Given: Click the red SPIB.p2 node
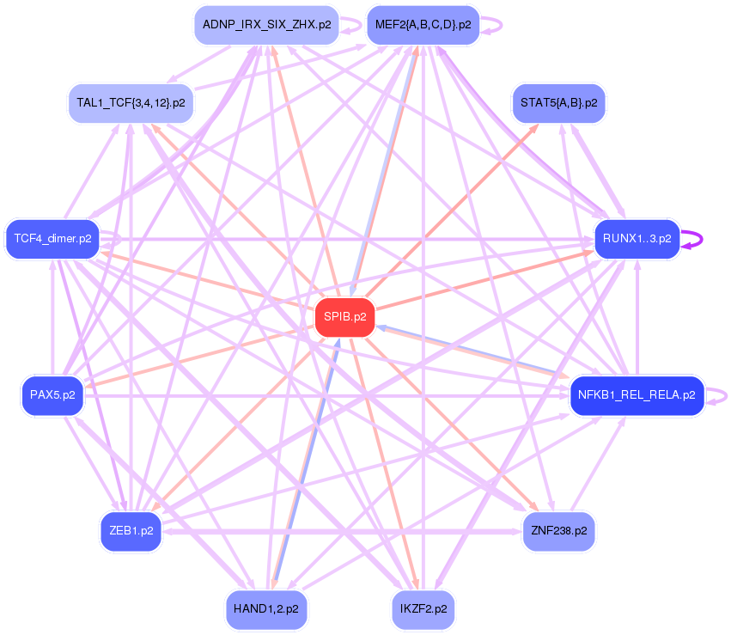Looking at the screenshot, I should point(344,317).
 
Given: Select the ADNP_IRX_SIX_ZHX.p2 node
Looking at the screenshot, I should point(266,25).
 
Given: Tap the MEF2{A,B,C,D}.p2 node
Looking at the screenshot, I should point(423,25).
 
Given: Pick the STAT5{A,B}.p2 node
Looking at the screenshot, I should point(558,103).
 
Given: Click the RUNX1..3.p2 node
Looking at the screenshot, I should point(637,238).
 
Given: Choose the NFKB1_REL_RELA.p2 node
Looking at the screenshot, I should point(637,396).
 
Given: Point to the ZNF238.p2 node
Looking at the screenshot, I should point(558,530).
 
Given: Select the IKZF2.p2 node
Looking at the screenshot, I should point(423,609).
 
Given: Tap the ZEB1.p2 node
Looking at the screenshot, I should point(131,530).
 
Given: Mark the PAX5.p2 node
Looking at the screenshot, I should point(52,396).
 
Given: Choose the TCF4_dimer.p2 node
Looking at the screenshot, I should point(52,238).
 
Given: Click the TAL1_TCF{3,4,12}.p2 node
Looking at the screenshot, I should point(131,103).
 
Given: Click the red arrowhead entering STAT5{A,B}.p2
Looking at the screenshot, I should point(535,126).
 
